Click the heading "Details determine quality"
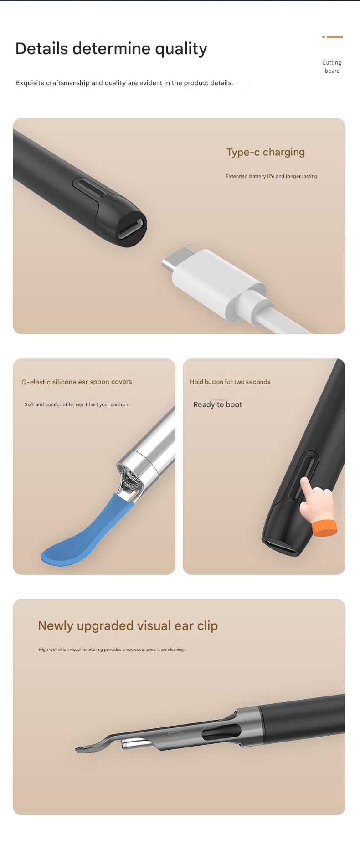[111, 49]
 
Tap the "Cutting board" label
[332, 67]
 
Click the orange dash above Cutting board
[332, 37]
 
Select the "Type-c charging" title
[266, 152]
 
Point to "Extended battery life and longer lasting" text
[271, 176]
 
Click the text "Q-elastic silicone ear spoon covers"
[77, 382]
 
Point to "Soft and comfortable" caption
[77, 404]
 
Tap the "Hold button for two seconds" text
[230, 382]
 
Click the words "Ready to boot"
[217, 404]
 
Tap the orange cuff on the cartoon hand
[325, 527]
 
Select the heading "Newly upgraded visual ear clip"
[128, 626]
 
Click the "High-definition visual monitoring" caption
[112, 650]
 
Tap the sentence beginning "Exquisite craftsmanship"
[124, 83]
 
